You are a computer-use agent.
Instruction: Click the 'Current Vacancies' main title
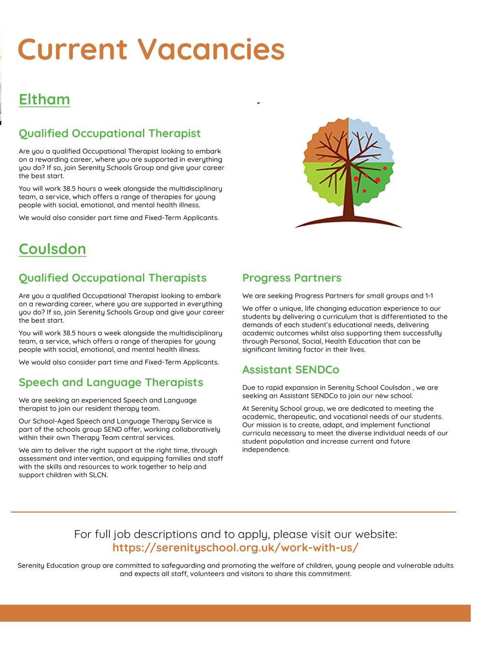[x=151, y=49]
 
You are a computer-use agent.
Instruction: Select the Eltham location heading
[x=44, y=99]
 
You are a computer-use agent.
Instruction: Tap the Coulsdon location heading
[x=53, y=249]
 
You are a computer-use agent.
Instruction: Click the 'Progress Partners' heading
[x=291, y=278]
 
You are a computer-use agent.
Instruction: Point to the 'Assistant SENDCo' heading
[x=290, y=370]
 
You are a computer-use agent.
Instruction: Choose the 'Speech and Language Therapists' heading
[x=111, y=382]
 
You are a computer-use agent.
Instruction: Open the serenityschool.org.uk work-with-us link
[x=235, y=548]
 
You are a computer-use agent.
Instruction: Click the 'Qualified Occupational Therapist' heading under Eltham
[x=110, y=133]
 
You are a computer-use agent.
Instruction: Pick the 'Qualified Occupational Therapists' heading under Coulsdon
[x=112, y=278]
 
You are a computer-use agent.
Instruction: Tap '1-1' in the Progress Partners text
[x=429, y=296]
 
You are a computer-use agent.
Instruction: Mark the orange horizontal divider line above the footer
[x=234, y=511]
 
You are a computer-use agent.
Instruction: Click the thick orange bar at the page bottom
[x=235, y=613]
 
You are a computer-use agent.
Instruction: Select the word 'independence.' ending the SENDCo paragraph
[x=266, y=450]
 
